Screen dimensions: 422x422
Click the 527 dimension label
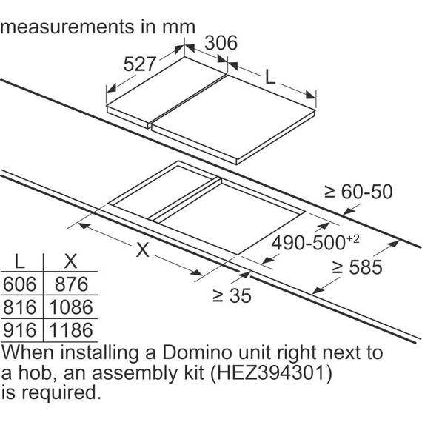(140, 64)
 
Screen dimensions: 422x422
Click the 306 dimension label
(221, 43)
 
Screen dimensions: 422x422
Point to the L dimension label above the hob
(270, 76)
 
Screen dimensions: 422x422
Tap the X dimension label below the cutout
(143, 249)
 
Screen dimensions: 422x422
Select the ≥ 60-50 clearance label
(358, 192)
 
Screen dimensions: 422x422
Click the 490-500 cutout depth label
(315, 242)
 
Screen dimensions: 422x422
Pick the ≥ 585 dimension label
(357, 267)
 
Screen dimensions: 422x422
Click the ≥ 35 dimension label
(232, 295)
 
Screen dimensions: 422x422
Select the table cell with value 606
(20, 284)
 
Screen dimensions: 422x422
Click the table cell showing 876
(71, 284)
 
